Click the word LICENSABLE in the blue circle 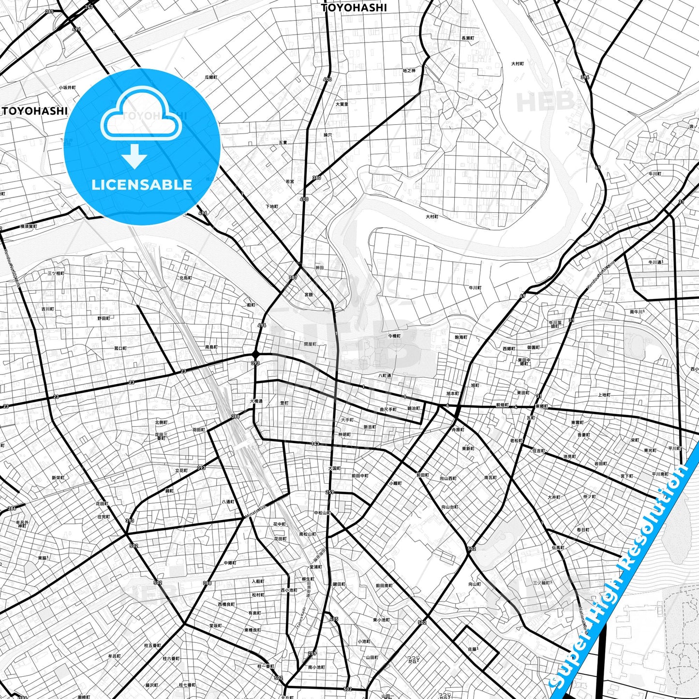click(x=142, y=185)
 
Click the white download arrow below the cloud click(x=134, y=156)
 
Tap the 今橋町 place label click(x=394, y=336)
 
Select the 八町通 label click(x=385, y=375)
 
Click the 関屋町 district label click(x=310, y=344)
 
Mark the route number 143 click(x=315, y=444)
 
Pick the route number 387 click(x=293, y=278)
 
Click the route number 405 click(x=334, y=619)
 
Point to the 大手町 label click(x=347, y=420)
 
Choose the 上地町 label click(x=604, y=395)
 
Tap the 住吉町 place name click(x=538, y=451)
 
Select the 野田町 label click(x=104, y=318)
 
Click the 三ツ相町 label click(x=56, y=273)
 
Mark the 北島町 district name click(x=186, y=278)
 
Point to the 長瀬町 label click(x=468, y=38)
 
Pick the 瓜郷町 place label click(x=211, y=77)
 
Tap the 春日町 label click(x=583, y=530)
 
